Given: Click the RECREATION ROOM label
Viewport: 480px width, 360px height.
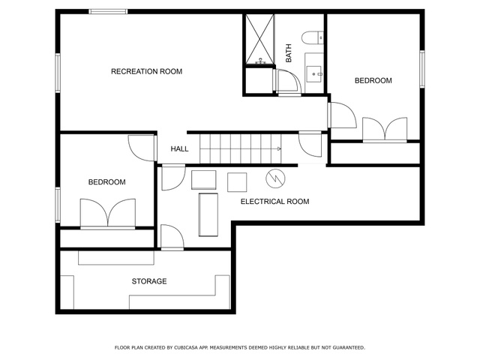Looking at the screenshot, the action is pyautogui.click(x=146, y=72).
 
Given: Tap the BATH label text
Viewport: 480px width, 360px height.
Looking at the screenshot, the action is pyautogui.click(x=288, y=53).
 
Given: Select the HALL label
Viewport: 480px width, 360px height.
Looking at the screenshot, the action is pyautogui.click(x=179, y=149).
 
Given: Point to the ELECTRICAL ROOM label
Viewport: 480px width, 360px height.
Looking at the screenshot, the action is pyautogui.click(x=275, y=202).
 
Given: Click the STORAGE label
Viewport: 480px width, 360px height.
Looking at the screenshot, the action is pyautogui.click(x=149, y=281).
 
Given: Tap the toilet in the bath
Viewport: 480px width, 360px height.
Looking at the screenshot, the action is pyautogui.click(x=312, y=37).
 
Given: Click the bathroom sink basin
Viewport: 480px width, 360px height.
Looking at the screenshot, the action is pyautogui.click(x=314, y=73).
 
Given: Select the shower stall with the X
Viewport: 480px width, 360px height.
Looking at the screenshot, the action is pyautogui.click(x=260, y=39).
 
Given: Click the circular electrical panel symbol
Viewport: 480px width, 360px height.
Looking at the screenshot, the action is pyautogui.click(x=275, y=178).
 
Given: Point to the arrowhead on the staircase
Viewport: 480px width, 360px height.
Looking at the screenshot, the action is pyautogui.click(x=279, y=149).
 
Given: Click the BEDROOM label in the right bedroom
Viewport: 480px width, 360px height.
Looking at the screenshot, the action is pyautogui.click(x=373, y=80).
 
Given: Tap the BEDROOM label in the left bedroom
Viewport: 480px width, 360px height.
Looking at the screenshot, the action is pyautogui.click(x=106, y=182).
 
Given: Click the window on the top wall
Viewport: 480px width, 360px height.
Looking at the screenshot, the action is pyautogui.click(x=108, y=12).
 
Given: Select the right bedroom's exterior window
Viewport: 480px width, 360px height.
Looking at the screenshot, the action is pyautogui.click(x=422, y=69).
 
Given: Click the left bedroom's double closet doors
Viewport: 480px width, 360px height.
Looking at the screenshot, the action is pyautogui.click(x=108, y=214).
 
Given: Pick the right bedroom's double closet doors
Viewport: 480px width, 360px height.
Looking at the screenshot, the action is pyautogui.click(x=385, y=130).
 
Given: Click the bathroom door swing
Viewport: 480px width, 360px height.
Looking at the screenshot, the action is pyautogui.click(x=288, y=82).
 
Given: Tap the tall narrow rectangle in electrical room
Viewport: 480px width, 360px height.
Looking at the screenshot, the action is pyautogui.click(x=208, y=214).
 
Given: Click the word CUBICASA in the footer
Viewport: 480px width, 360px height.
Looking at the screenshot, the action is pyautogui.click(x=186, y=348).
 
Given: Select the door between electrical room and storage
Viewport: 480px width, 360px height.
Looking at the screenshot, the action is pyautogui.click(x=172, y=237).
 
